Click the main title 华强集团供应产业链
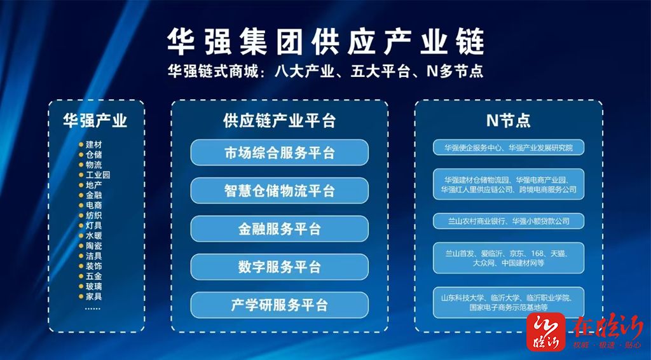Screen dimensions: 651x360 pos(325,42)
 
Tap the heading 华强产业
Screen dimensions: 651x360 pos(95,121)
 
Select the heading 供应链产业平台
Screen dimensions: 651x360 pos(280,121)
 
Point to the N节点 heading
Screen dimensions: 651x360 pos(508,121)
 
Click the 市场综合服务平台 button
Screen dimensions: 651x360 pos(280,153)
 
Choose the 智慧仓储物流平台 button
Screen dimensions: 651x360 pos(280,191)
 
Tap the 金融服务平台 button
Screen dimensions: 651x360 pos(280,229)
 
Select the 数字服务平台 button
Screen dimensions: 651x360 pos(280,267)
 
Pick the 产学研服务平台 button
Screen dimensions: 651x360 pos(280,305)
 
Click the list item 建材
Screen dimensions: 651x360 pos(94,144)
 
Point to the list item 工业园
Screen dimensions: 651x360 pos(98,175)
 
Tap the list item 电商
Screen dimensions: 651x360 pos(94,205)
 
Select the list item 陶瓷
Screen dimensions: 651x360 pos(94,246)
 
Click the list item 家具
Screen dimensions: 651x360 pos(94,296)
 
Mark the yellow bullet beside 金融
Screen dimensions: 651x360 pos(81,195)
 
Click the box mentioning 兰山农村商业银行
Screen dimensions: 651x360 pos(509,221)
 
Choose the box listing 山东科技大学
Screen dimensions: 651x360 pos(509,303)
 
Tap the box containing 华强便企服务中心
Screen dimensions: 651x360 pos(509,148)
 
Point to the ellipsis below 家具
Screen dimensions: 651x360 pos(93,308)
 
